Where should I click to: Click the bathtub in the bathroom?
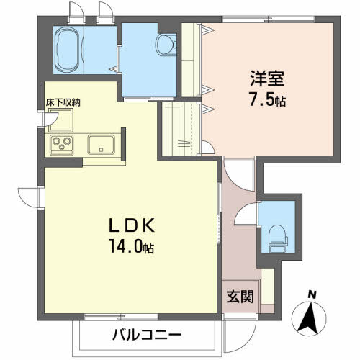68,50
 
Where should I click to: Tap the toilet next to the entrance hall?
278,239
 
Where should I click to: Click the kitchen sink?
101,145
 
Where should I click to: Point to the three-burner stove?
62,145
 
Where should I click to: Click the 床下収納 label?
63,103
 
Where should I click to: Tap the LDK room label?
132,225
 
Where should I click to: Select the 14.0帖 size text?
132,246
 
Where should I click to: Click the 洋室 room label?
267,78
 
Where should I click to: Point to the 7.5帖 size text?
267,99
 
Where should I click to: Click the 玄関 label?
240,297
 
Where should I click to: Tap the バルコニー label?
147,334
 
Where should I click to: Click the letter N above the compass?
312,294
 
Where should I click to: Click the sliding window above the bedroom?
268,19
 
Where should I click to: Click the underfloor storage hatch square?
61,120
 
